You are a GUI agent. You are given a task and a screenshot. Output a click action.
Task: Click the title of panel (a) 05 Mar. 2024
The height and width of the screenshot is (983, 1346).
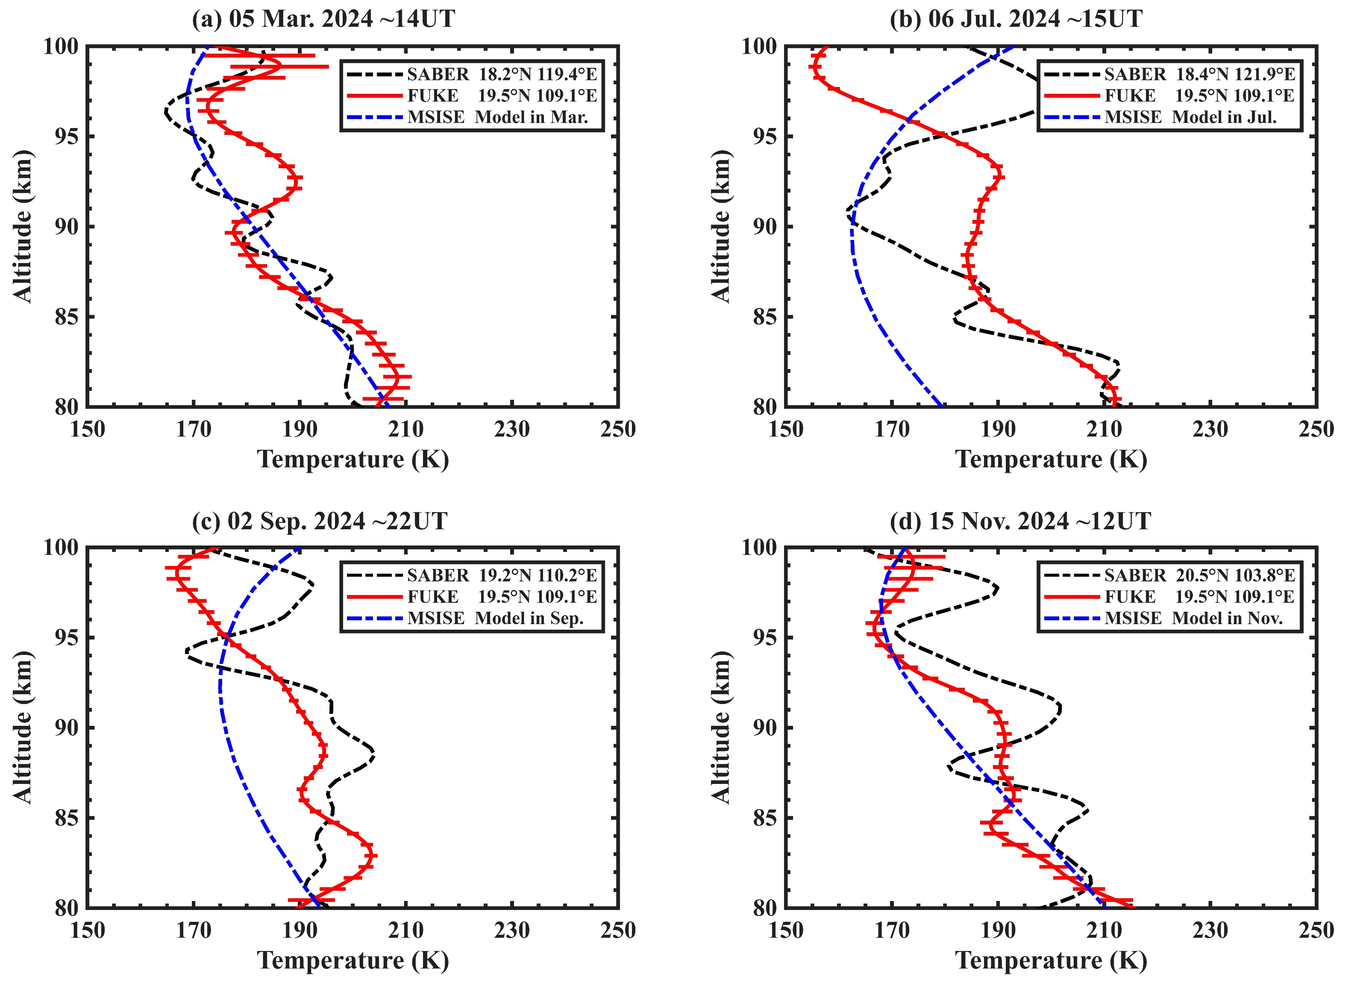click(x=323, y=19)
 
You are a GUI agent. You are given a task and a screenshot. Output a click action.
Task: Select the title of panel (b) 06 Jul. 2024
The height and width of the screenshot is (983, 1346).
click(x=1016, y=19)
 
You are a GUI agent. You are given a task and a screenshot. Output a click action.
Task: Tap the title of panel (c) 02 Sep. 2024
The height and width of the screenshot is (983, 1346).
click(x=320, y=521)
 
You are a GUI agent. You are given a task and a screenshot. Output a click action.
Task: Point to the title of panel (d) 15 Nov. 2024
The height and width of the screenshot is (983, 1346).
click(x=1020, y=521)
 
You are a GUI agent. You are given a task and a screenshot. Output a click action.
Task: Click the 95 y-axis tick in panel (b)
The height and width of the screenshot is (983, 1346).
click(x=764, y=136)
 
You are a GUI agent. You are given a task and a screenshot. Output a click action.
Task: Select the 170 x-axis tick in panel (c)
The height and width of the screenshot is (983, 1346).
click(x=194, y=930)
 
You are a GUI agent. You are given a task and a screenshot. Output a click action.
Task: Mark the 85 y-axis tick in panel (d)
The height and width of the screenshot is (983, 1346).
click(x=764, y=818)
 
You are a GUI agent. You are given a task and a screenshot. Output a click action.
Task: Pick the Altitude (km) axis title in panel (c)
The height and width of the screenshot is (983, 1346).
click(x=23, y=727)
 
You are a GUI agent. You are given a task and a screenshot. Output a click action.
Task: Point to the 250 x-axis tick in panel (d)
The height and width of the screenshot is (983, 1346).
click(x=1316, y=930)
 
